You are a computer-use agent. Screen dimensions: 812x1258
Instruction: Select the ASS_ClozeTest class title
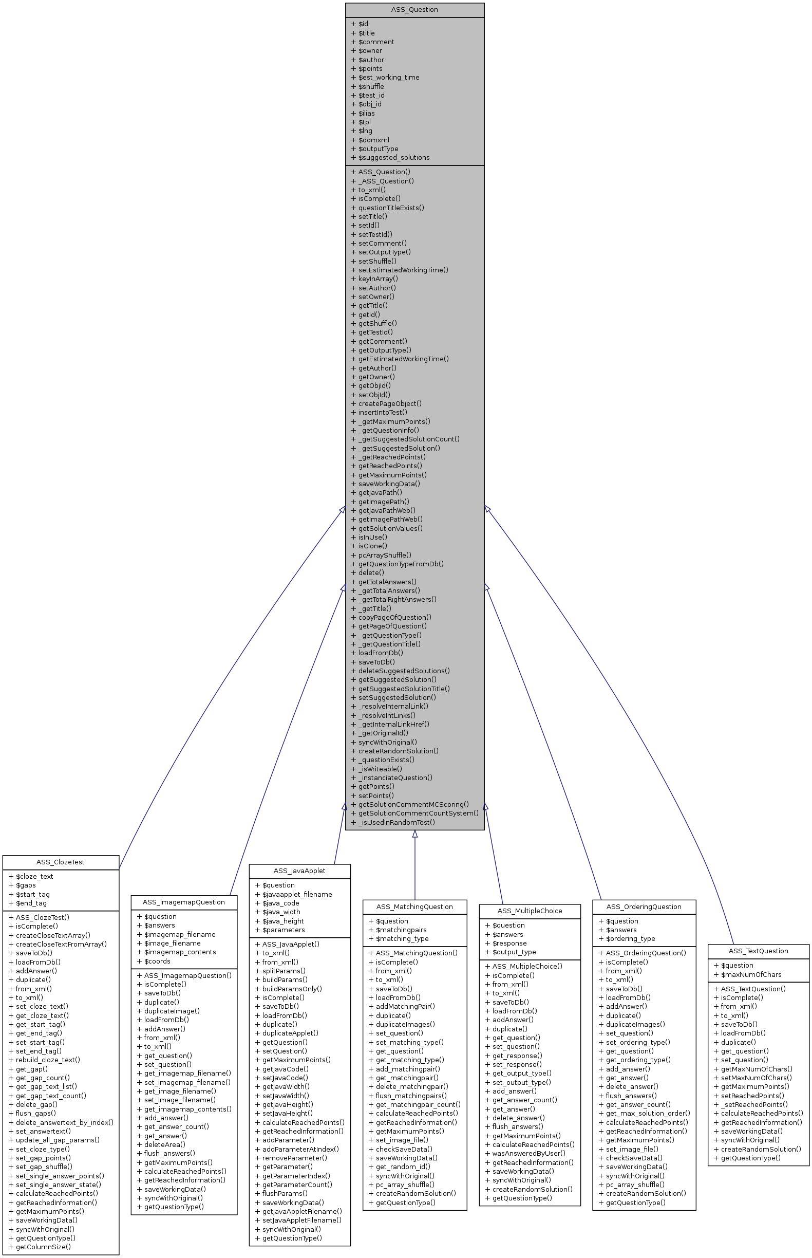[x=61, y=862]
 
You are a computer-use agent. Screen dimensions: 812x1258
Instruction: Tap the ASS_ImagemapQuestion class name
[x=184, y=902]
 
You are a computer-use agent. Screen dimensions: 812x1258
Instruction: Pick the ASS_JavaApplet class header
[x=299, y=871]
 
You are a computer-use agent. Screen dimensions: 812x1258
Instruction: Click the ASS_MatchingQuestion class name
[x=414, y=907]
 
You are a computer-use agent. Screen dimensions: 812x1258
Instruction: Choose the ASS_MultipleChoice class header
[x=530, y=912]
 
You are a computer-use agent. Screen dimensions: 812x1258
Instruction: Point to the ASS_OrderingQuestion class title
[x=644, y=907]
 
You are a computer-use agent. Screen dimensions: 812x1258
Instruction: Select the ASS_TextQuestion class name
[x=758, y=952]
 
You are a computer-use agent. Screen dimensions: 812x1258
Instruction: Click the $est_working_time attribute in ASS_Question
[x=389, y=78]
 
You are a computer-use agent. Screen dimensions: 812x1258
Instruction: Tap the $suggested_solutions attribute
[x=394, y=158]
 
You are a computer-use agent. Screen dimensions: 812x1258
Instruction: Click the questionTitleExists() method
[x=391, y=208]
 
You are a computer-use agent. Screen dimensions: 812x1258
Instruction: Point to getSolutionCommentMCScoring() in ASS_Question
[x=413, y=805]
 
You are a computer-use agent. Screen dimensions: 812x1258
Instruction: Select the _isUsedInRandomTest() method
[x=396, y=823]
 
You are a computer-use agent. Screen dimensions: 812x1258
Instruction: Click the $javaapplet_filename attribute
[x=297, y=895]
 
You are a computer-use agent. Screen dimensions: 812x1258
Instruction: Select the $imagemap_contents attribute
[x=180, y=952]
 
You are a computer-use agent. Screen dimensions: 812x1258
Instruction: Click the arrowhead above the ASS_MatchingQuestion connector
[x=415, y=835]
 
